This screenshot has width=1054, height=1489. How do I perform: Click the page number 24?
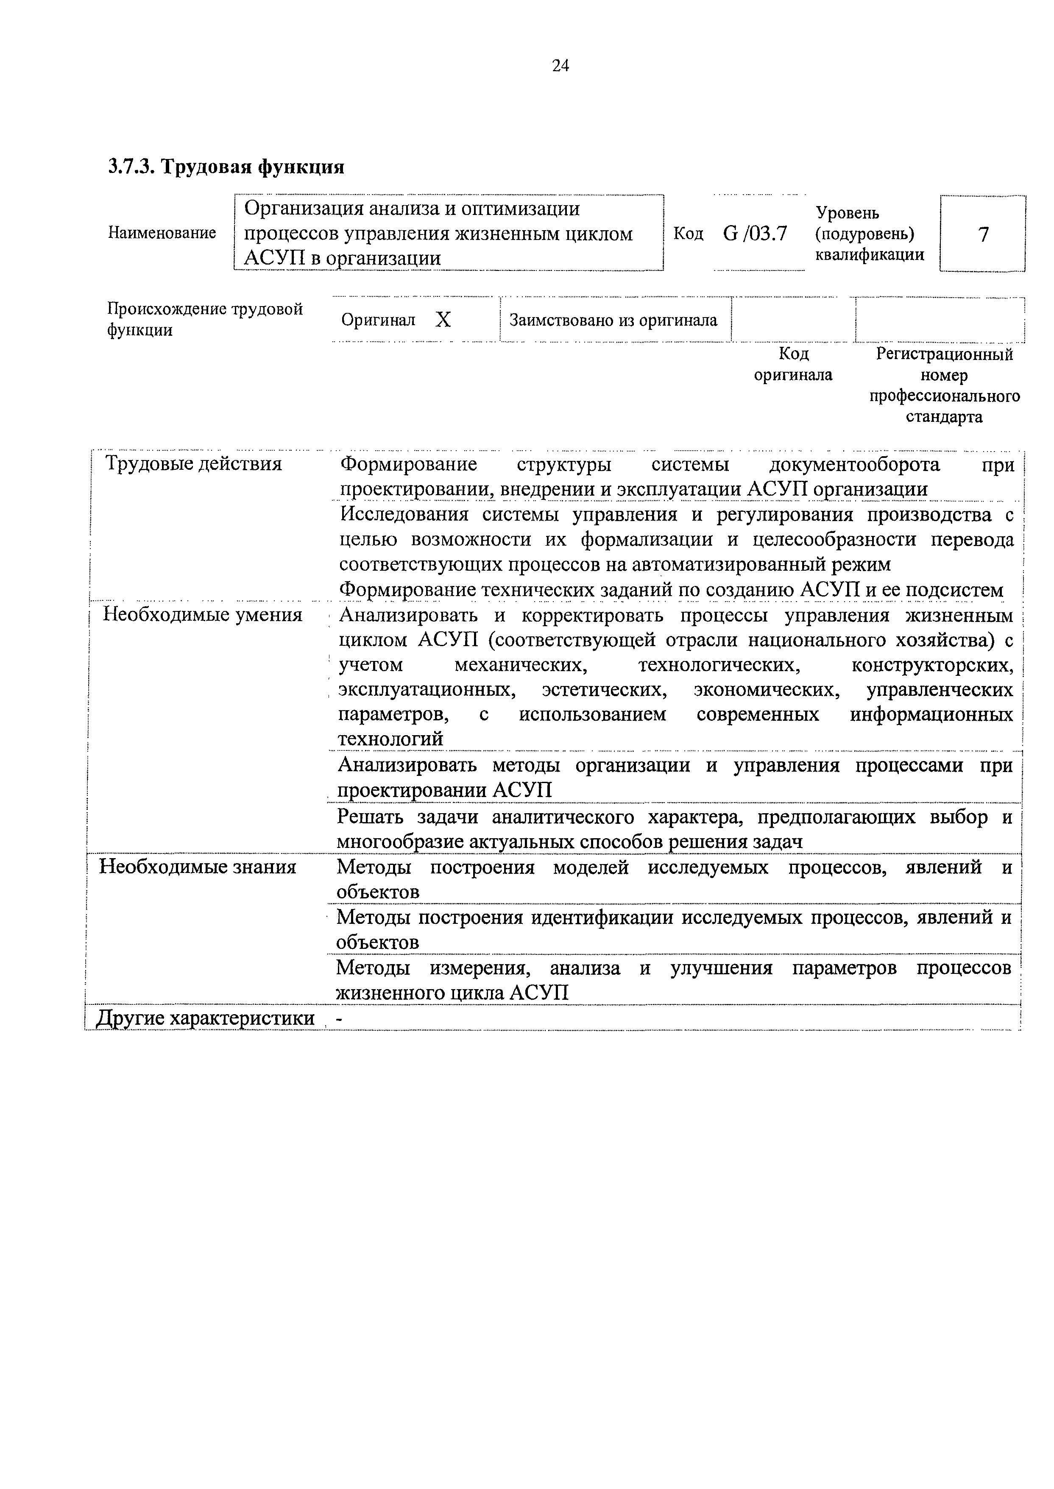560,66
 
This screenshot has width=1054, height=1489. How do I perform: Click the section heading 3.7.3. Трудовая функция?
226,167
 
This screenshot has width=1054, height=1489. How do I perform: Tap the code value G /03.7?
755,233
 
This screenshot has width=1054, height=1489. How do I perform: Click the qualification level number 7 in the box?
983,234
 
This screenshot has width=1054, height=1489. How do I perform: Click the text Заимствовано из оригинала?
613,320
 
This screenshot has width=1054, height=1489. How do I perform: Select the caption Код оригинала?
793,364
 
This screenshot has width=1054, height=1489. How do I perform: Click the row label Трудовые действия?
193,464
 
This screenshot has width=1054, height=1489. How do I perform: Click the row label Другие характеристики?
205,1018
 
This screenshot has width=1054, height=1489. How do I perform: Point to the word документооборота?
854,465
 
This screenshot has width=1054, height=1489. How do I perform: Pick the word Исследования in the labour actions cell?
403,515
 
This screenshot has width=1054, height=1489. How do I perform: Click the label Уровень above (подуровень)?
847,213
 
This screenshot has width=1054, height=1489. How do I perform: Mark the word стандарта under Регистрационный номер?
944,417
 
